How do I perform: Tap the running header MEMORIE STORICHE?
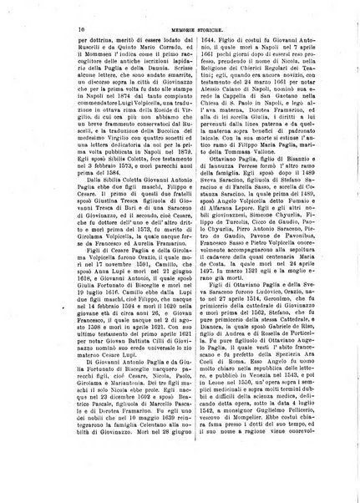click(185, 29)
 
